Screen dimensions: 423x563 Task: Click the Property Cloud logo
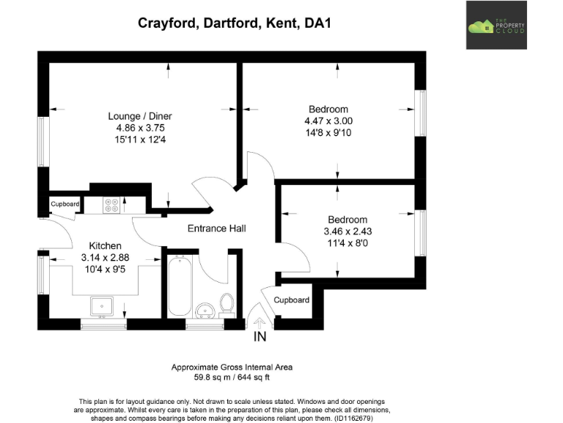point(496,26)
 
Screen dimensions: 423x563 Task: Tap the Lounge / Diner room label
point(140,116)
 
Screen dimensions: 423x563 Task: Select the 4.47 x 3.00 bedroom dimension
point(328,121)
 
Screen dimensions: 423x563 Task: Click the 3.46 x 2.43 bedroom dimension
point(347,231)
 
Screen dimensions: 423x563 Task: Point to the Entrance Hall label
point(216,228)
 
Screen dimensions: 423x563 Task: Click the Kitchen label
point(105,245)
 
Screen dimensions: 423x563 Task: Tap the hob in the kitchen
point(112,205)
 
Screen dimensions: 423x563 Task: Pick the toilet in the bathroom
point(227,303)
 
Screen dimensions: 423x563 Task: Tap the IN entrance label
point(260,337)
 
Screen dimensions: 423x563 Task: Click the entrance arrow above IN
point(259,321)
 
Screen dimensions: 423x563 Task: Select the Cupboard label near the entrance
point(291,300)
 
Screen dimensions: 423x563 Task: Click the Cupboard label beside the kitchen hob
point(65,203)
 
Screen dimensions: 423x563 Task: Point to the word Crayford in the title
point(166,23)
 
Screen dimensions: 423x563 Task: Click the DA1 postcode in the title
point(317,23)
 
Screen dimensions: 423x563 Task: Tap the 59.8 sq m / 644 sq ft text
point(232,377)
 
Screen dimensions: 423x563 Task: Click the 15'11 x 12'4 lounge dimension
point(140,140)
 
